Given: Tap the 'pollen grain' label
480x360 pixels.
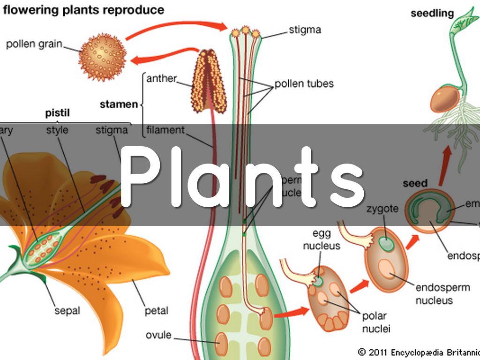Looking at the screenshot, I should click(34, 45).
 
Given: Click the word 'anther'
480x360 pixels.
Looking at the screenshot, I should click(161, 78).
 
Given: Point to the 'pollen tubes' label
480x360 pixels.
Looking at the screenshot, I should click(304, 84).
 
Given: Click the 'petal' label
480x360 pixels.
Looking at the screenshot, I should click(157, 310).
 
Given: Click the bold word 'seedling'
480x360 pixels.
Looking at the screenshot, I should click(432, 13).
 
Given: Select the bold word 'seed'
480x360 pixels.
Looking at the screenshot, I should click(415, 183).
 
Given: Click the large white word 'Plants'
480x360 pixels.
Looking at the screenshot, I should click(242, 177).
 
